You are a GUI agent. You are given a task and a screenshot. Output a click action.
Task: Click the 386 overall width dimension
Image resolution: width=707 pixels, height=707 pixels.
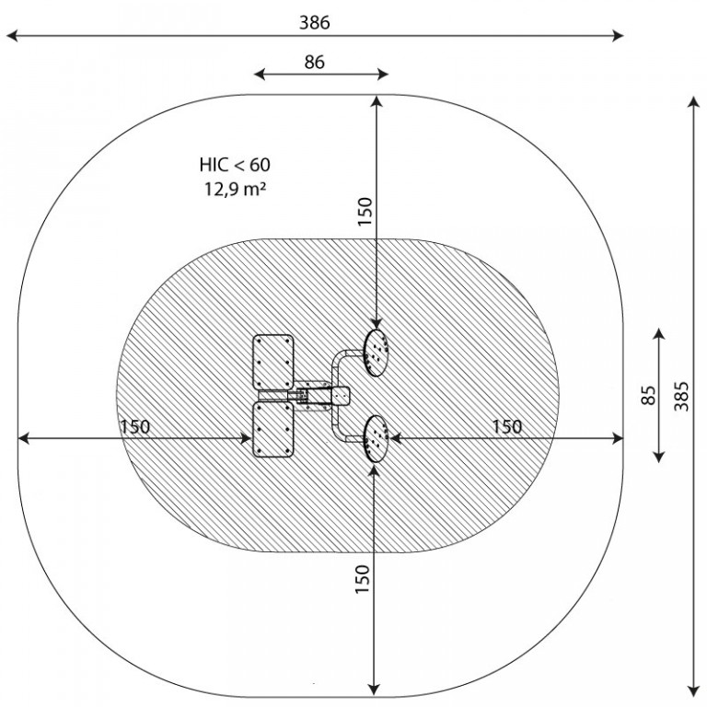[315, 22]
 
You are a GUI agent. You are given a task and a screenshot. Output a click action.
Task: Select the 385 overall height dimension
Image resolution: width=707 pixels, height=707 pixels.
[682, 397]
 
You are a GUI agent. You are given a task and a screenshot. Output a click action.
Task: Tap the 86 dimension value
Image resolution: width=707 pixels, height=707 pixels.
[314, 63]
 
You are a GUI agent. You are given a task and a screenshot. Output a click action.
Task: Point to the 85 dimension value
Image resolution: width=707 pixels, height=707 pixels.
[648, 396]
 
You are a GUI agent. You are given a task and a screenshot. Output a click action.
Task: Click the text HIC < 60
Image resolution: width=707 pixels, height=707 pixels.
[235, 165]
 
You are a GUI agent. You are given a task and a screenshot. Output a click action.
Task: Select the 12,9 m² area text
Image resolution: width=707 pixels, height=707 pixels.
[235, 190]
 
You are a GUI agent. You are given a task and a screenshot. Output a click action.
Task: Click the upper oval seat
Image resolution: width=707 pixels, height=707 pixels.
[376, 353]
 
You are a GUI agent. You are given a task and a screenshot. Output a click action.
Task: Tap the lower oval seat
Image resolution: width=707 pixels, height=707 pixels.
[376, 439]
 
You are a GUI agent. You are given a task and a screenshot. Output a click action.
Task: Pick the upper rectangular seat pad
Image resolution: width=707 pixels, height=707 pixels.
[272, 362]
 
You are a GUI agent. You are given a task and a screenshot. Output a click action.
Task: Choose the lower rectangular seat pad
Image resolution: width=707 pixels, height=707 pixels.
[272, 430]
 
